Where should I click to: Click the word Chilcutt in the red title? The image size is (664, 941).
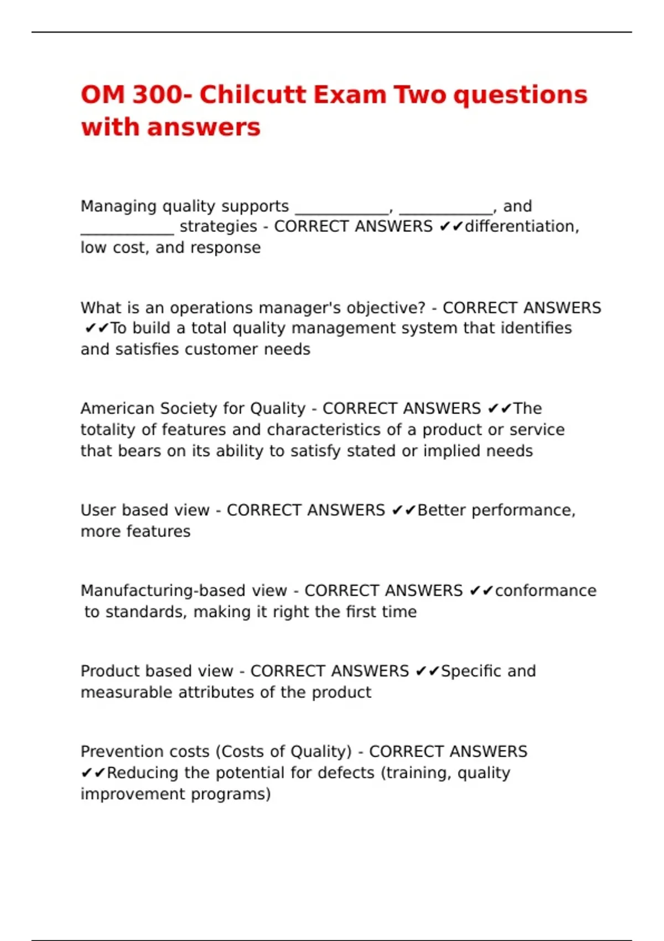(252, 95)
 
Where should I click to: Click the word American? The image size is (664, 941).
(117, 409)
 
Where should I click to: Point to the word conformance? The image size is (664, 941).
(545, 591)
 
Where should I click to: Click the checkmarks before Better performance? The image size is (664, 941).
(403, 510)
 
